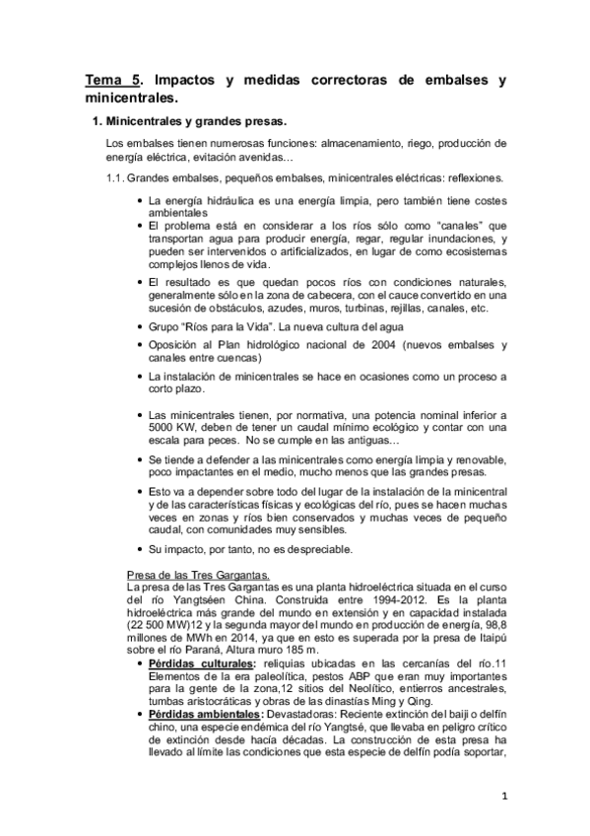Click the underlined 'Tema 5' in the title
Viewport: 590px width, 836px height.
point(108,82)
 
